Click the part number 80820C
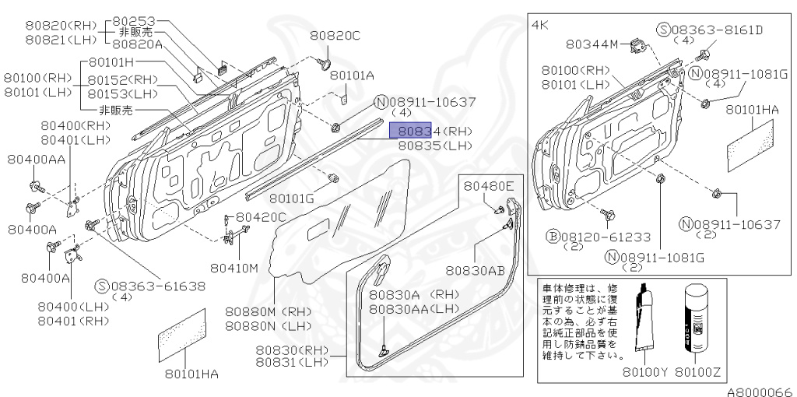point(335,35)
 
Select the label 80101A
point(352,76)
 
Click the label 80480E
point(490,186)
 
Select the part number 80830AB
point(476,270)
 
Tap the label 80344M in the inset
point(592,44)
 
